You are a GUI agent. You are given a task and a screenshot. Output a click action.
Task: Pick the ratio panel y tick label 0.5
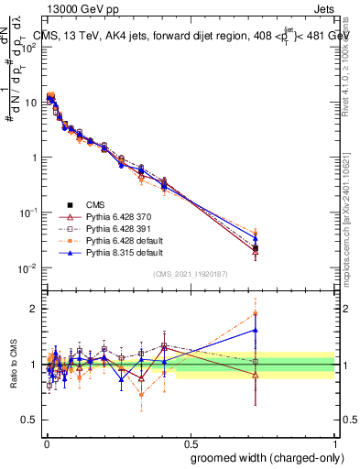29,420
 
